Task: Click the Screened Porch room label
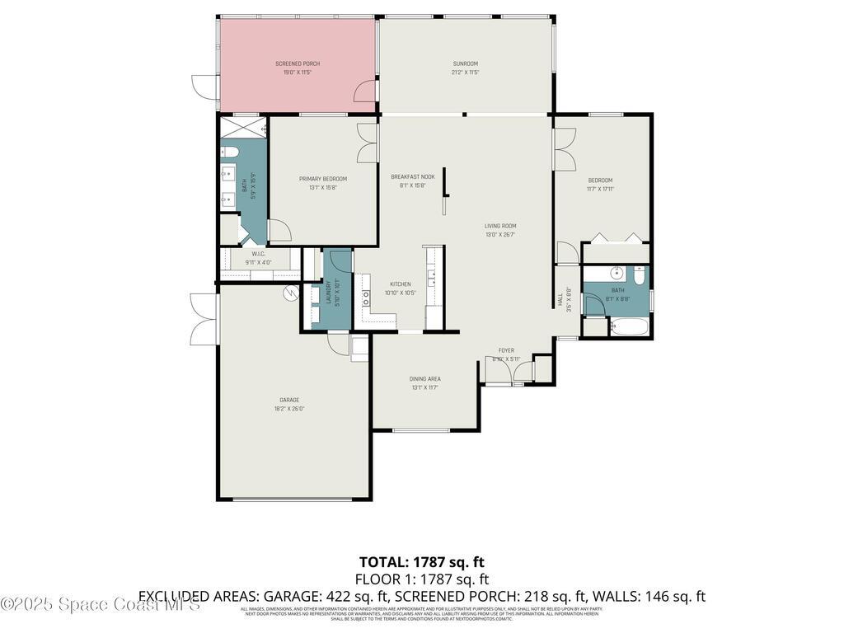(x=297, y=63)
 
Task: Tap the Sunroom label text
(x=465, y=63)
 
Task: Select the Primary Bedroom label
(x=323, y=179)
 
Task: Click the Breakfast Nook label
(x=412, y=176)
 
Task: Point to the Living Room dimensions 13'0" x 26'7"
(x=499, y=234)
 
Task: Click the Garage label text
(x=288, y=400)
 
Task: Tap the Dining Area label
(x=424, y=378)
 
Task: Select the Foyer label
(x=506, y=350)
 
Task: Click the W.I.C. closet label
(x=258, y=254)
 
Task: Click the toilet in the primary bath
(x=229, y=152)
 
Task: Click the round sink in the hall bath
(x=617, y=273)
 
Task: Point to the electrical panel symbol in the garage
(x=291, y=292)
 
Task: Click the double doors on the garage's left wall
(x=204, y=318)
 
